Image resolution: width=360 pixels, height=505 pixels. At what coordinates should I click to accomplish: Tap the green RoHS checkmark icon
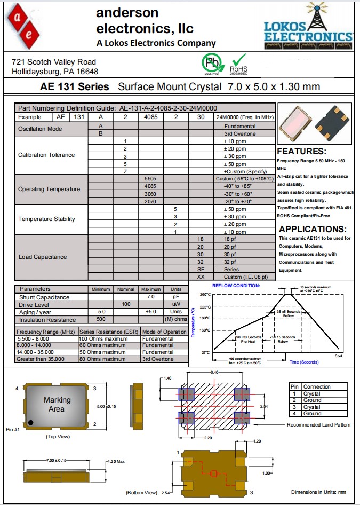[238, 60]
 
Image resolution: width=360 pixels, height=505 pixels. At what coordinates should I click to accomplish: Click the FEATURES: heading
[301, 151]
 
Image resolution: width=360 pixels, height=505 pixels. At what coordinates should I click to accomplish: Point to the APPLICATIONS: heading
[313, 229]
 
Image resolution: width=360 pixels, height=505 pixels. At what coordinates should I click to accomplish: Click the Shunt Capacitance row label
[44, 297]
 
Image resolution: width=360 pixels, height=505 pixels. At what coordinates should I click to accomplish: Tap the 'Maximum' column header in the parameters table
[151, 289]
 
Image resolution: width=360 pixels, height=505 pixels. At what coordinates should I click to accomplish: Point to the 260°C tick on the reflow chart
[205, 295]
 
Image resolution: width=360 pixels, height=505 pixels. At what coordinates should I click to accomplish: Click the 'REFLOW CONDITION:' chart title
[236, 286]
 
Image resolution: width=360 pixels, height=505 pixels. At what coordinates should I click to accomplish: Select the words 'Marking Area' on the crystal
[57, 404]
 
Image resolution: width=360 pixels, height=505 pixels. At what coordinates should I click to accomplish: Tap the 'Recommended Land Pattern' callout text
[318, 425]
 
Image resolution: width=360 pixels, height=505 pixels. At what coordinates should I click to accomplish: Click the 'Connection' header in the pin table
[317, 386]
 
